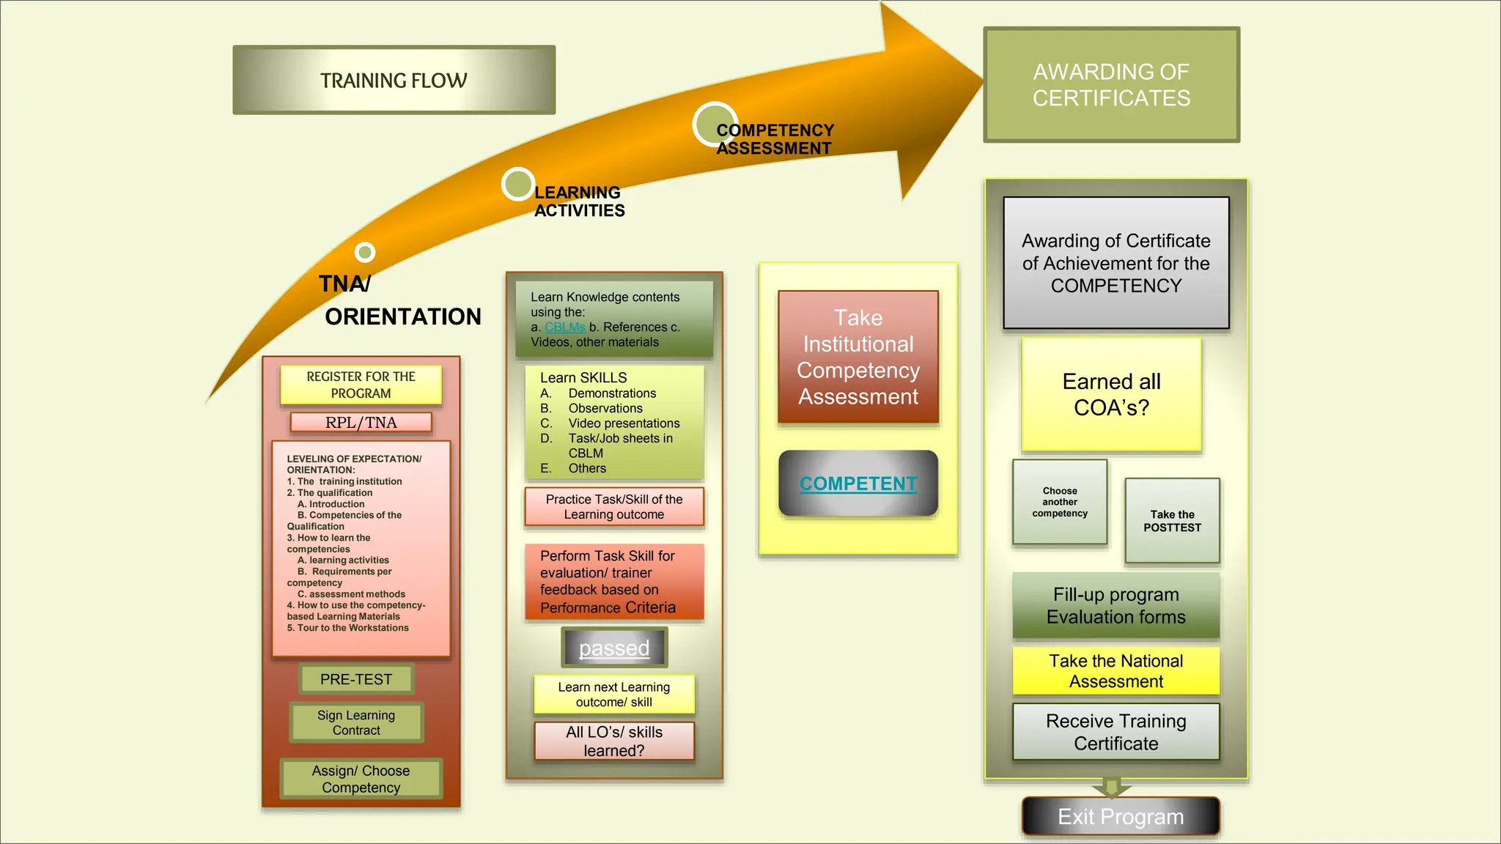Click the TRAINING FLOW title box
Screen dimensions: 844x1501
click(394, 80)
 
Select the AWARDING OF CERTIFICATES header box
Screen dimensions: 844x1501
click(1111, 85)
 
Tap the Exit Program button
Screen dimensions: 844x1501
click(1121, 816)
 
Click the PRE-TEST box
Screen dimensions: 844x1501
click(356, 679)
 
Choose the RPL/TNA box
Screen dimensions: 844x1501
click(361, 422)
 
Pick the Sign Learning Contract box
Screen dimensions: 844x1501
click(356, 722)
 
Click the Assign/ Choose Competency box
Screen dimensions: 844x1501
click(361, 779)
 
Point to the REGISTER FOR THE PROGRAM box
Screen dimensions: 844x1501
click(361, 385)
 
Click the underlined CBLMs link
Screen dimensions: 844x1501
click(565, 327)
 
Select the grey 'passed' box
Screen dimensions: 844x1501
click(614, 648)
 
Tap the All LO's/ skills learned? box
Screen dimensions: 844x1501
click(614, 741)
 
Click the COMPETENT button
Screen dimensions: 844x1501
click(858, 484)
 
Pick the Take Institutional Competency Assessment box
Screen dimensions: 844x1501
click(858, 357)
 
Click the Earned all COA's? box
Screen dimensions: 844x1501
click(1111, 394)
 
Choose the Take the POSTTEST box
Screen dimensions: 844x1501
click(1172, 520)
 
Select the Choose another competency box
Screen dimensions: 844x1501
click(1060, 502)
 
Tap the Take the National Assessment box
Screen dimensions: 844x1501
click(1115, 670)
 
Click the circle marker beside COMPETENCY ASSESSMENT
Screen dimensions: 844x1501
click(715, 124)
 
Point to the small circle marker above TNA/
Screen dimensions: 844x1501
click(364, 252)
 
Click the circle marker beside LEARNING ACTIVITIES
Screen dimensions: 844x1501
click(518, 184)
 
